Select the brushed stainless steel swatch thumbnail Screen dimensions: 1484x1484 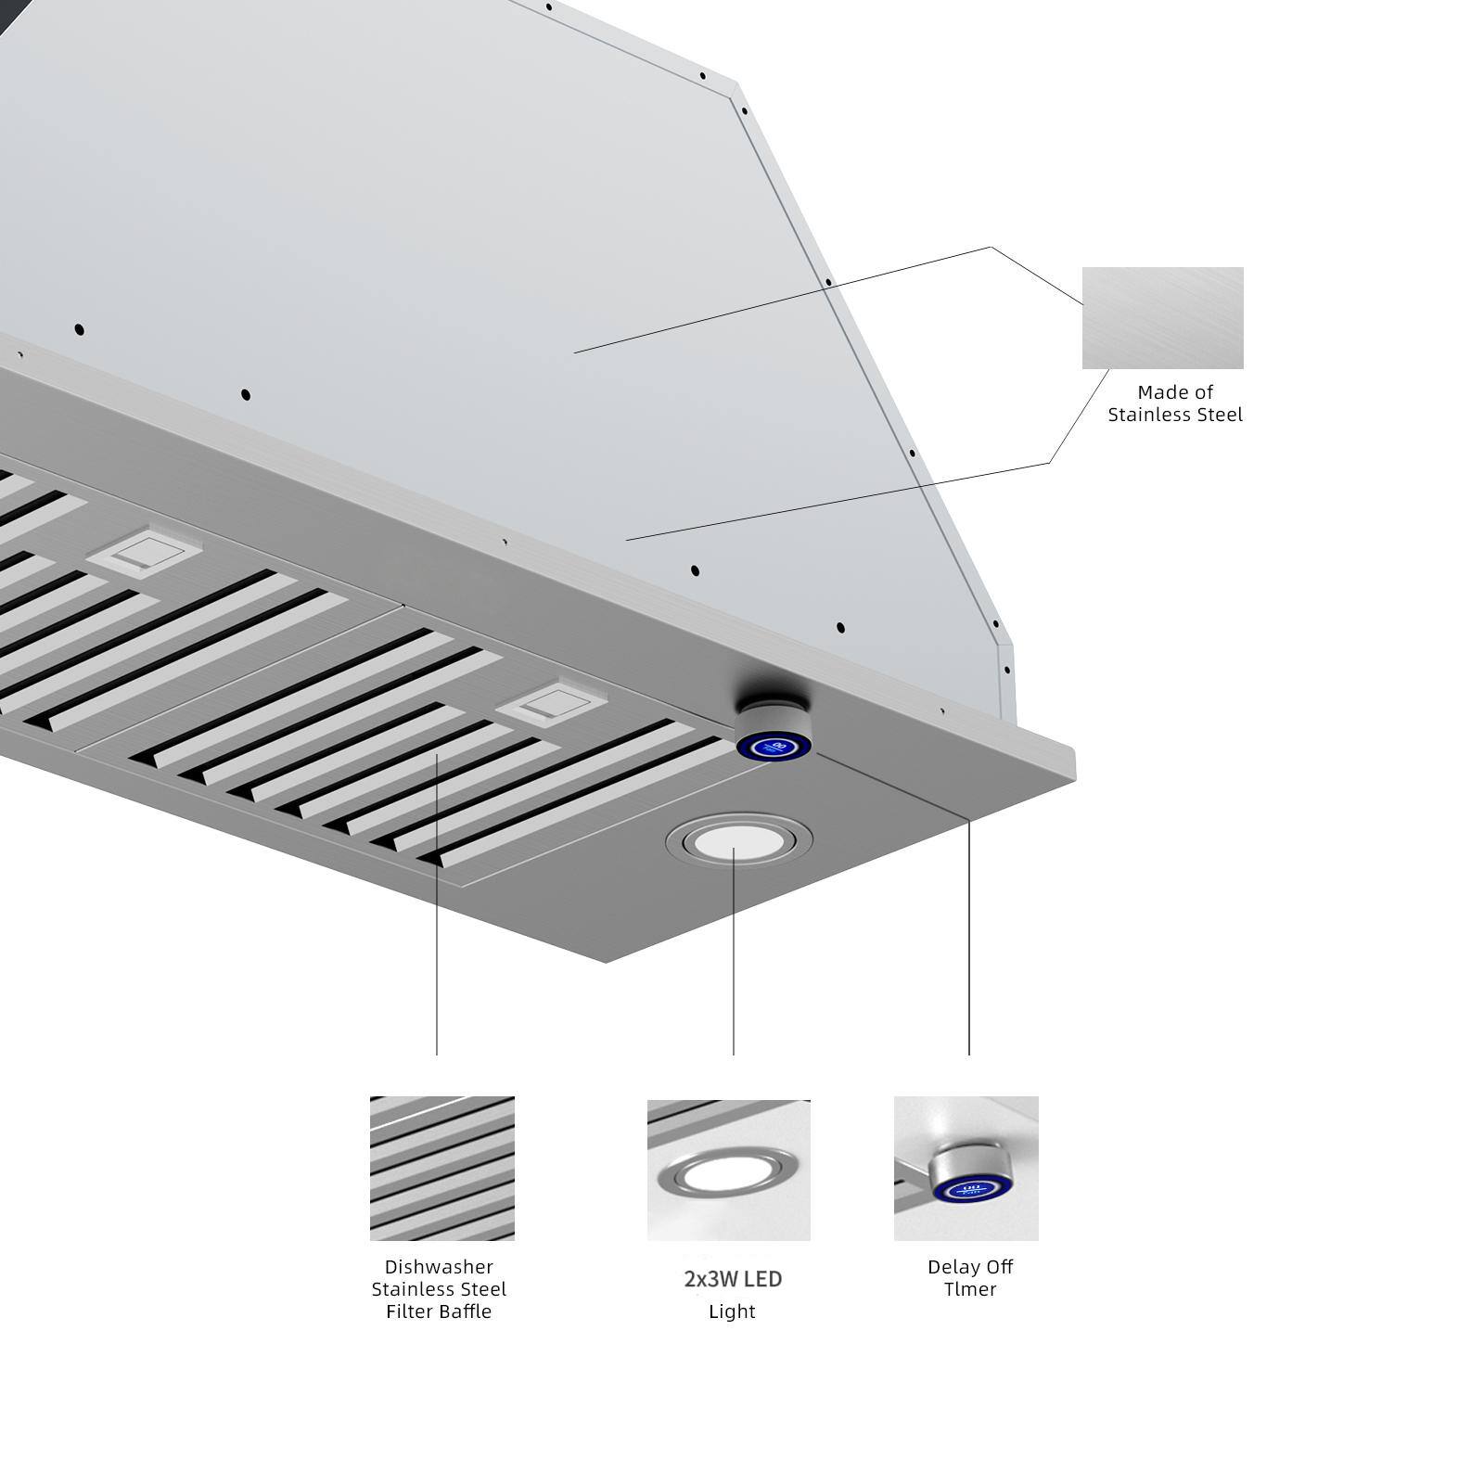click(1162, 318)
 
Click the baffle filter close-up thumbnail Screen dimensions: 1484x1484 click(441, 1168)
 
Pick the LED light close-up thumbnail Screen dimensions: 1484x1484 click(728, 1170)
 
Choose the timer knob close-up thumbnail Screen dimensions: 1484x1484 click(966, 1168)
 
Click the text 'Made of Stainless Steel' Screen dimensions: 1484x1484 click(1174, 403)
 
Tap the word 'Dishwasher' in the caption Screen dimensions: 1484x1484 click(439, 1267)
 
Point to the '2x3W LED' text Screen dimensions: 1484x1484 click(733, 1279)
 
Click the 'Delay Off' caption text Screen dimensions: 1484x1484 click(970, 1267)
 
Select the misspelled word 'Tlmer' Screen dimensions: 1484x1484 click(970, 1289)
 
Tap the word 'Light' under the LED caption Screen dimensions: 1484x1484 click(732, 1311)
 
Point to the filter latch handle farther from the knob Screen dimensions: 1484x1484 click(144, 553)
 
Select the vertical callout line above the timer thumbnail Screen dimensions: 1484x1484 click(969, 937)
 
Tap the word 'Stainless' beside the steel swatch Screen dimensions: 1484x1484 click(1146, 415)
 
